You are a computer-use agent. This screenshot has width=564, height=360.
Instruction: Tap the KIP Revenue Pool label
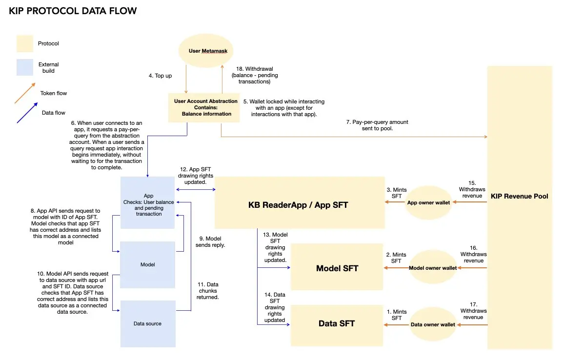519,196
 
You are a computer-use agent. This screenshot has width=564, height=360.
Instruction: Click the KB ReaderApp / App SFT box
298,205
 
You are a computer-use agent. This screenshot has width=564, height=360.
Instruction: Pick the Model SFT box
337,268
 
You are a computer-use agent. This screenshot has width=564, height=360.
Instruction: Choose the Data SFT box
337,324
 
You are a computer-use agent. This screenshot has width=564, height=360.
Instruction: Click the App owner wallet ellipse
427,202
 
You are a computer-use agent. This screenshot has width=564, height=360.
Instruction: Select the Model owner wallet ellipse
433,268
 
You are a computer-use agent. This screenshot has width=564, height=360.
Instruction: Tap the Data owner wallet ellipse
432,324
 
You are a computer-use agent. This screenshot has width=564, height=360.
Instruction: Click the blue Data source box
147,323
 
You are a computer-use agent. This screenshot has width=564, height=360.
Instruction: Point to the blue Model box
147,264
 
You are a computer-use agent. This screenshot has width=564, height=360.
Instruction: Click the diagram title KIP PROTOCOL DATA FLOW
73,11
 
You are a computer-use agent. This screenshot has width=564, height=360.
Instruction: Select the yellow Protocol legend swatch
24,43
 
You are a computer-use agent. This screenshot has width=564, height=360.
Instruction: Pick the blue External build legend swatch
24,67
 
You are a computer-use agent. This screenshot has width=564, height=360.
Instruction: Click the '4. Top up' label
160,76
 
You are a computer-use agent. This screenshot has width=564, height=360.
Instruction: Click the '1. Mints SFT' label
397,315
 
